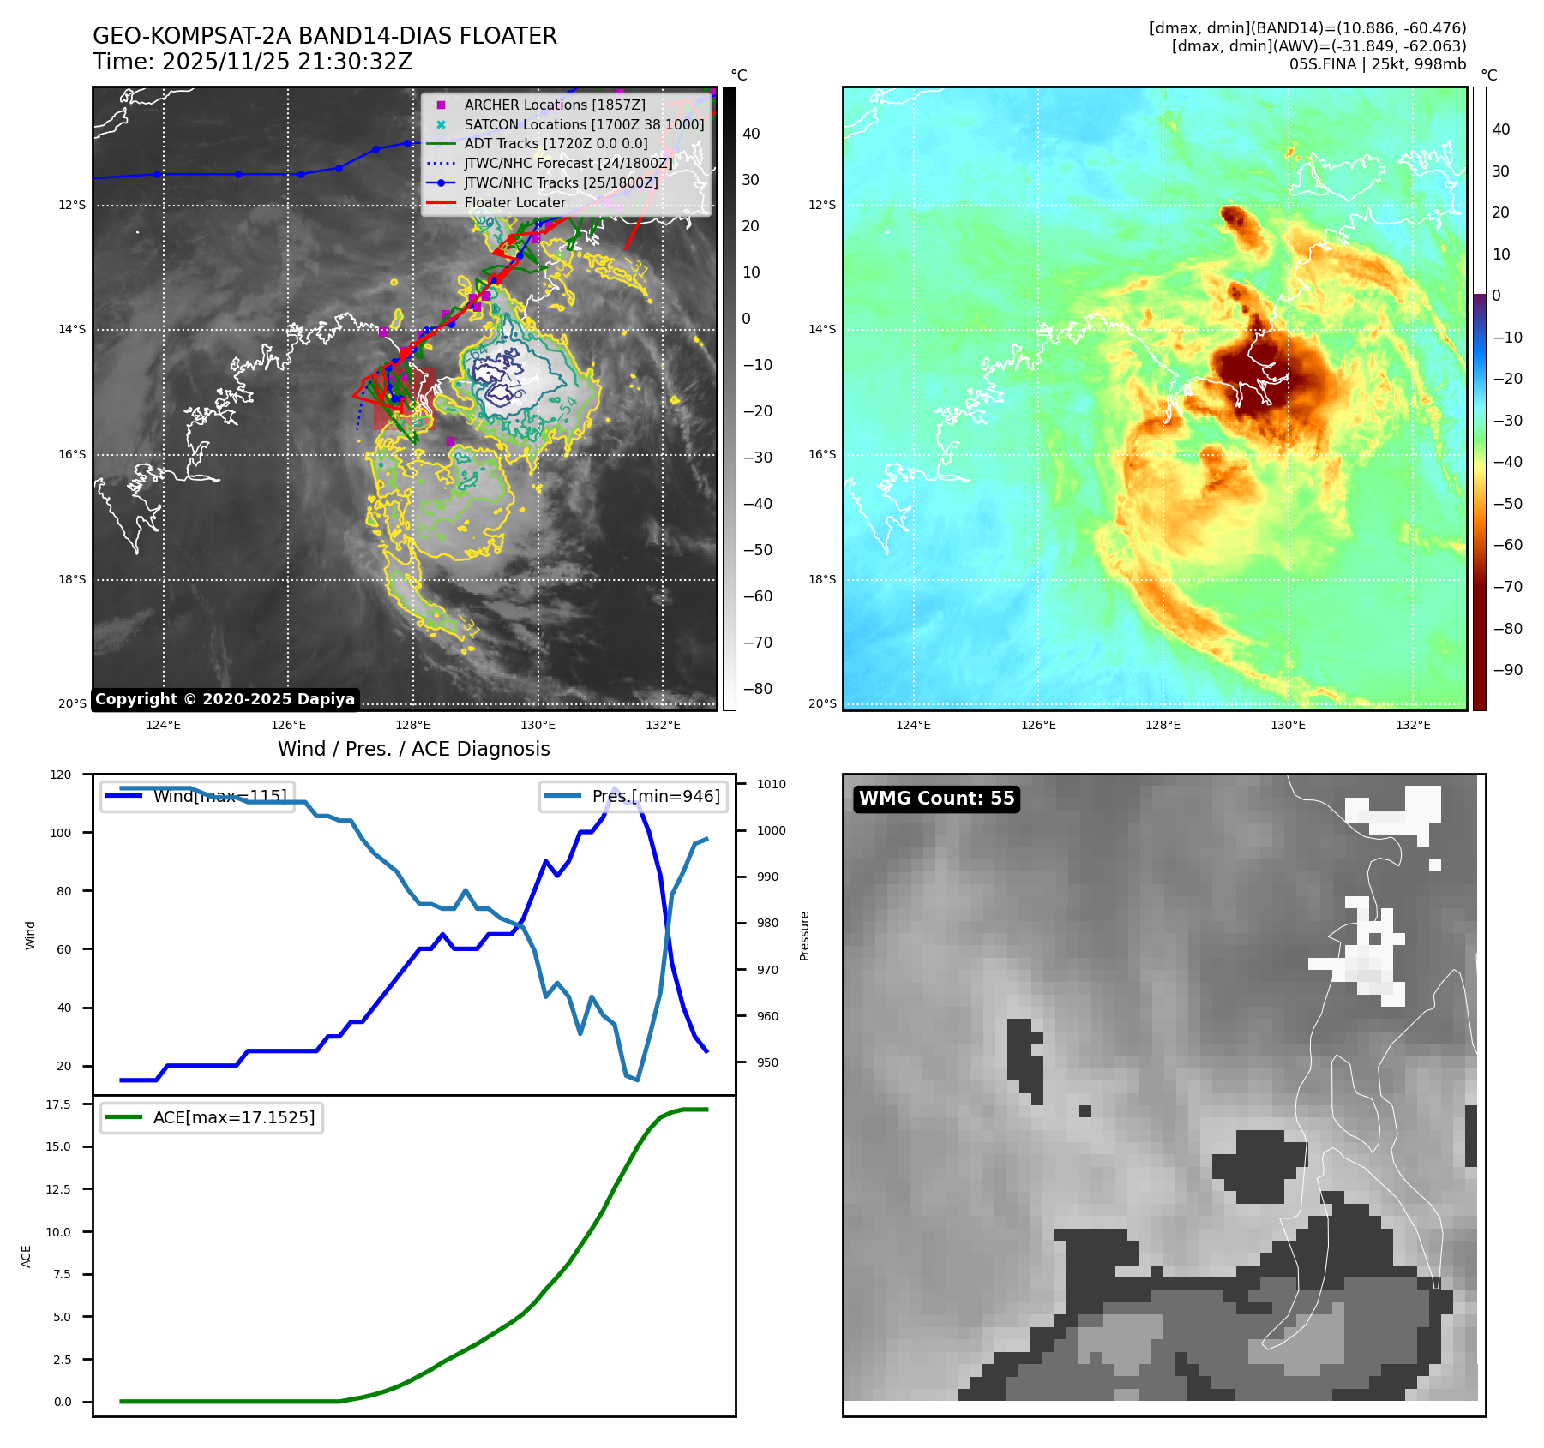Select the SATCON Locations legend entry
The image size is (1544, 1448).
click(584, 124)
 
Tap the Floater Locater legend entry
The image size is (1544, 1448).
click(514, 203)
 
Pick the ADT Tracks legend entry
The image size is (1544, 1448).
click(556, 144)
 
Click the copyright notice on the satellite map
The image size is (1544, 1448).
click(225, 699)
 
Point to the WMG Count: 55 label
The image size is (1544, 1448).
click(936, 799)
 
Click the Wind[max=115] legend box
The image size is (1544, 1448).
click(198, 796)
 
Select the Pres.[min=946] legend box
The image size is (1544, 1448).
click(634, 796)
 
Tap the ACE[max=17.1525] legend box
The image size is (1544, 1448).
click(212, 1117)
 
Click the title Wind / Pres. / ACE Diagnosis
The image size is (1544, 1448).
click(413, 749)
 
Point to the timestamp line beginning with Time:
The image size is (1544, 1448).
click(252, 62)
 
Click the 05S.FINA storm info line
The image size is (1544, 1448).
click(1377, 64)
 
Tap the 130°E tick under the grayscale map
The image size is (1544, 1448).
click(538, 725)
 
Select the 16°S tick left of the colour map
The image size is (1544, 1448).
click(821, 454)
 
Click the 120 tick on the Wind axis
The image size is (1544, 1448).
click(61, 775)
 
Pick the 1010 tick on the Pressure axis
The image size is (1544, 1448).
click(771, 784)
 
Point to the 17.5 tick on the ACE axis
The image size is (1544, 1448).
click(58, 1104)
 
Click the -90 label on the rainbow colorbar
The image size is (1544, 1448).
click(1506, 670)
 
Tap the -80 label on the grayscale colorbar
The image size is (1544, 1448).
click(757, 689)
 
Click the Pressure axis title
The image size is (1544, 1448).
click(804, 936)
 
